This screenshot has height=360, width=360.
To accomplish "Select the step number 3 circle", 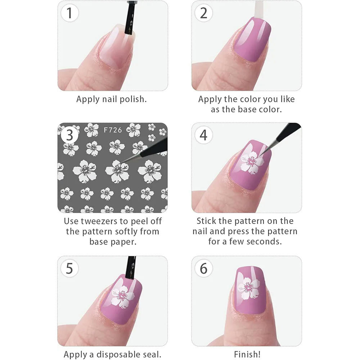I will point(69,135).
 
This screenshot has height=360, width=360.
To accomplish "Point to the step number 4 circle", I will point(203,135).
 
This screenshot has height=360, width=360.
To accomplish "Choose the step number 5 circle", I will point(69,269).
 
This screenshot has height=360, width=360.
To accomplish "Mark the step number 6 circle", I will point(203,269).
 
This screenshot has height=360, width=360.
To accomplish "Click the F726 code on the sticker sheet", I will point(113,130).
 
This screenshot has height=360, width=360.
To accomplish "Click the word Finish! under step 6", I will point(246,354).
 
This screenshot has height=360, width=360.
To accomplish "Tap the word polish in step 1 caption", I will point(132,99).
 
